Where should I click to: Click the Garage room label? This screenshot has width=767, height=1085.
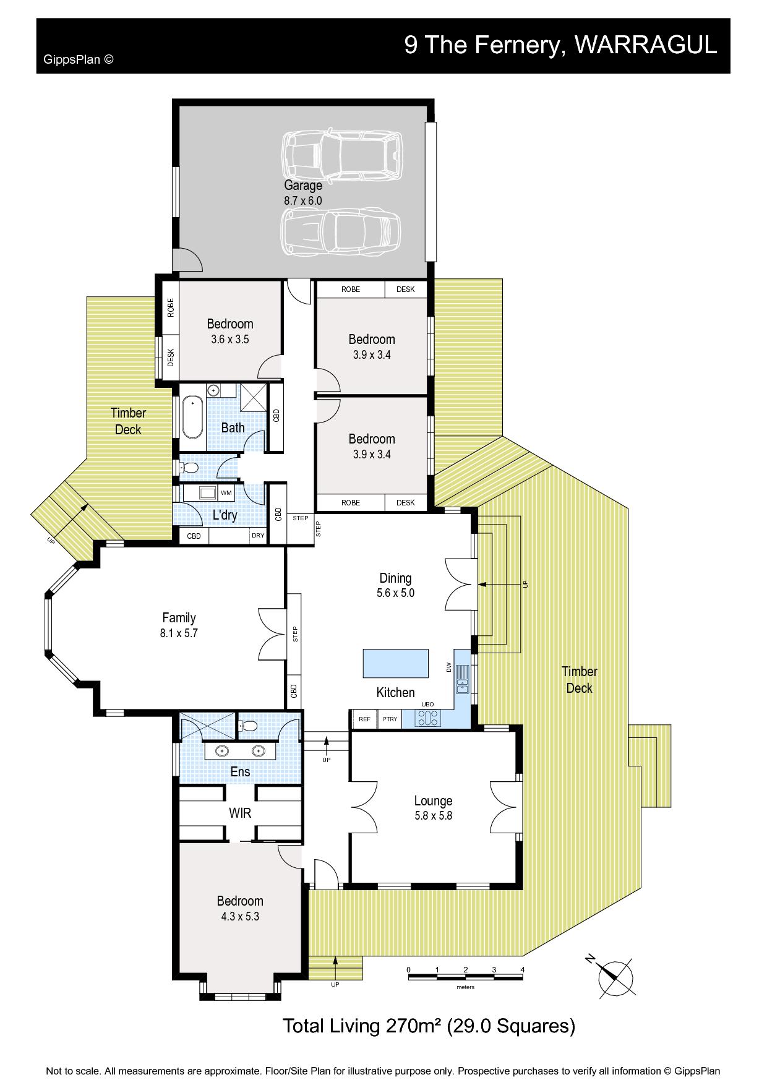point(303,185)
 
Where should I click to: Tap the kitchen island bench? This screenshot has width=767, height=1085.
point(396,663)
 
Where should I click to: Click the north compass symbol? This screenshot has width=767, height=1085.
point(615,978)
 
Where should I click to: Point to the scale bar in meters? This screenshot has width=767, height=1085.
point(465,976)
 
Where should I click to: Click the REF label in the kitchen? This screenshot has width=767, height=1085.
point(364,719)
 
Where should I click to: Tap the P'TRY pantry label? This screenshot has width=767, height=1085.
point(390,719)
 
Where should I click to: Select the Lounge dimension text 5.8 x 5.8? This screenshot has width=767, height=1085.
point(433,815)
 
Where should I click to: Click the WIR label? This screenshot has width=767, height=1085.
point(240,813)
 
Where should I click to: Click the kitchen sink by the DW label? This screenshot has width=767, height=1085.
point(462,679)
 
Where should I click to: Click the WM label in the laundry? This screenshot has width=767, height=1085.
point(226,493)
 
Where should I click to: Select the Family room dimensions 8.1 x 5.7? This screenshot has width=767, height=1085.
point(178,633)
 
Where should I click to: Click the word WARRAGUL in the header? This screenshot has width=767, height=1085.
point(646,45)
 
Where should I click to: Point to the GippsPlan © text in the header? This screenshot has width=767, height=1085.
point(78,59)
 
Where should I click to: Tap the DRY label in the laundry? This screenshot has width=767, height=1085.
point(258,536)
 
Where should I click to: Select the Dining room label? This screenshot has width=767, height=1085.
point(395,578)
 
